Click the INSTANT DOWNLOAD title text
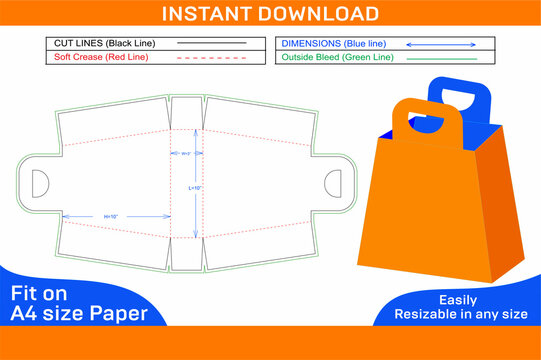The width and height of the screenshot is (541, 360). point(270,14)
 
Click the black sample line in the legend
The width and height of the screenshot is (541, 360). point(211,44)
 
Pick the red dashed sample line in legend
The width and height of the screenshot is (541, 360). point(211,58)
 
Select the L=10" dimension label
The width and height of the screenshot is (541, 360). point(197,186)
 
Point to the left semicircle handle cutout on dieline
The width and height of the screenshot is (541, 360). point(41,184)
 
